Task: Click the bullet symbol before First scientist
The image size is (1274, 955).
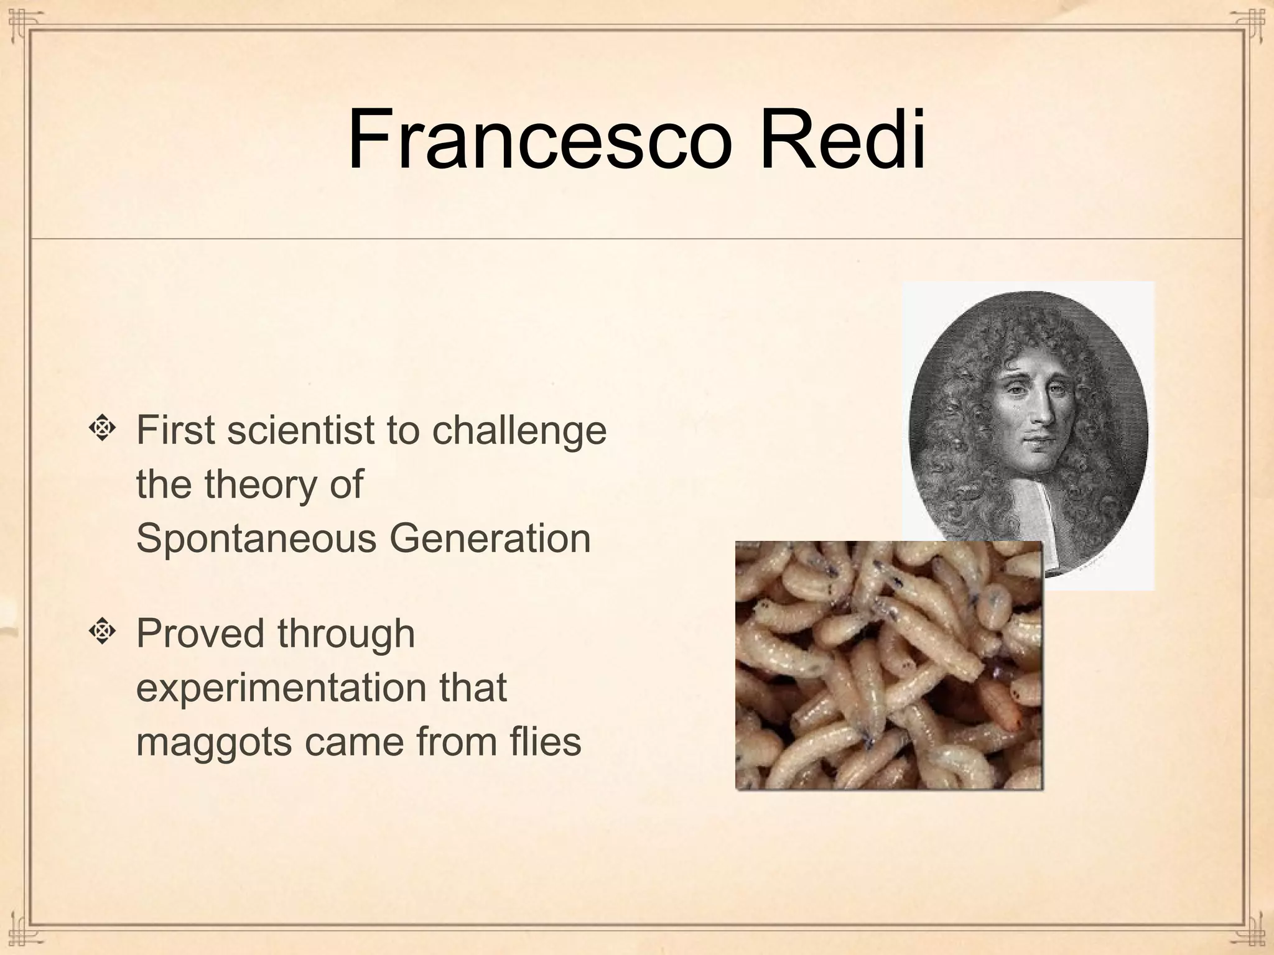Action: coord(103,430)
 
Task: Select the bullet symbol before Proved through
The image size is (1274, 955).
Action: coord(103,632)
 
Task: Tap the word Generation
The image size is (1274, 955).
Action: coord(490,538)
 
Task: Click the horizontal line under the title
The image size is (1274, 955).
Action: coord(637,238)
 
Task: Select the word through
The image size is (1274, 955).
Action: coord(346,634)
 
